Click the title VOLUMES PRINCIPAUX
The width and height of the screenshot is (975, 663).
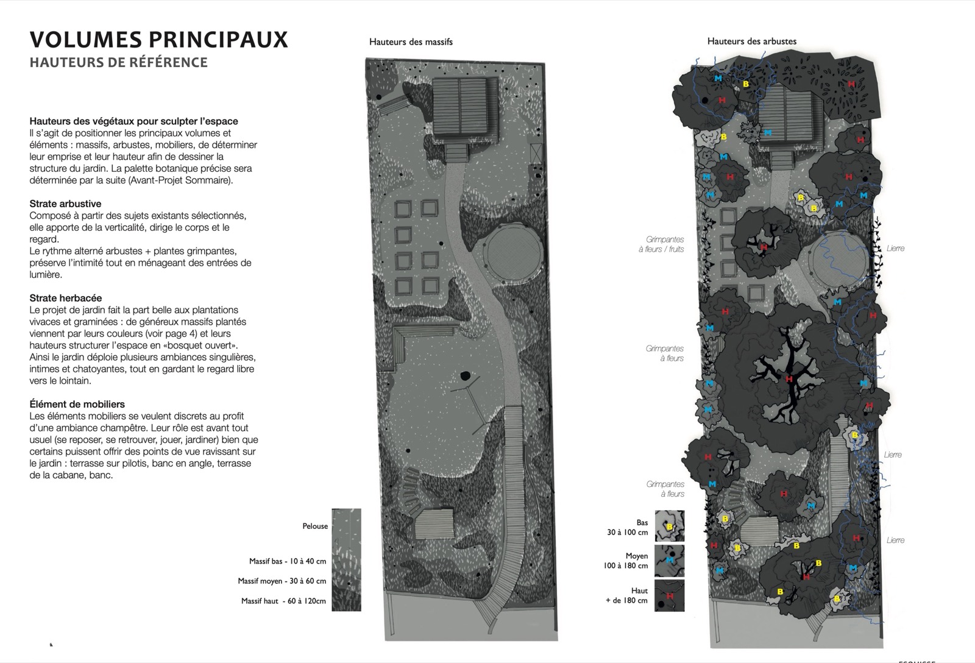(x=158, y=39)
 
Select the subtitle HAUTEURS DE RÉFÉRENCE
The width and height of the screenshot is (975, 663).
(x=118, y=62)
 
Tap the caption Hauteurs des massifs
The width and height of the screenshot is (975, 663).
(x=411, y=42)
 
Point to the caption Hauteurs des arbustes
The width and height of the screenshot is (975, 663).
(x=752, y=41)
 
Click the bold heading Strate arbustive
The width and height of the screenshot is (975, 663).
(x=65, y=204)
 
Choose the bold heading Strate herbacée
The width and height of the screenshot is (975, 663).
(x=66, y=298)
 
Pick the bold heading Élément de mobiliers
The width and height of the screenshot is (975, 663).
(x=77, y=405)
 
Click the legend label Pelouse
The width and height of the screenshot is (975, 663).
(x=315, y=526)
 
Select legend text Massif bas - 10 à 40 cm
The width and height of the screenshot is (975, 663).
(x=287, y=561)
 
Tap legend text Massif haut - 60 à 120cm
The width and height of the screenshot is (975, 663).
(x=283, y=601)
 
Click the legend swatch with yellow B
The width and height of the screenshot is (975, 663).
(x=670, y=526)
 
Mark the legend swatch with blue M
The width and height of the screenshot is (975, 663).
(x=670, y=561)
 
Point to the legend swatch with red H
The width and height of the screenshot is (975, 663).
(x=670, y=595)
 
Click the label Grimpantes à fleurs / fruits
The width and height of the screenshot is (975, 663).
(x=661, y=244)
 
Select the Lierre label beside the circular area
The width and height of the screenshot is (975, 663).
(x=895, y=249)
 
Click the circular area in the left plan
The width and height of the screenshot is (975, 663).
(x=515, y=252)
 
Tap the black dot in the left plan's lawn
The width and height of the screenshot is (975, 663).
(x=466, y=375)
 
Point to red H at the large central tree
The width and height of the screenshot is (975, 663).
(x=789, y=379)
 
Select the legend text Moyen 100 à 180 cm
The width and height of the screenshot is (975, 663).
(x=625, y=561)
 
